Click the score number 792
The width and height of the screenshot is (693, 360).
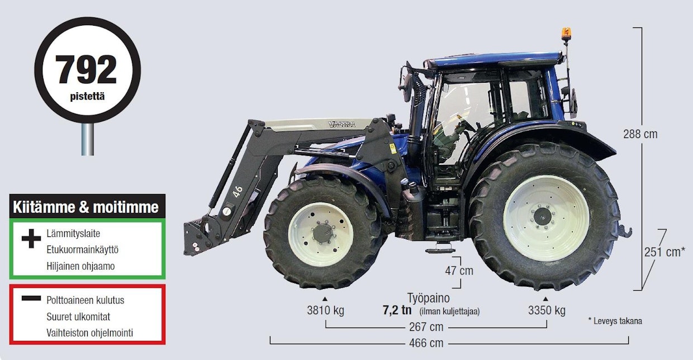tap(86, 70)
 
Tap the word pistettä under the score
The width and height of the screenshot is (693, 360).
tap(87, 97)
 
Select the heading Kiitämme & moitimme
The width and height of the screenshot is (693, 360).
tap(86, 207)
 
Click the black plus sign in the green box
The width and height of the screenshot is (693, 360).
tap(31, 239)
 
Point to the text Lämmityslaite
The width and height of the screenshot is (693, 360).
tap(73, 234)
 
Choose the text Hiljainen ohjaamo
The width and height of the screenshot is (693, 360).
tap(80, 266)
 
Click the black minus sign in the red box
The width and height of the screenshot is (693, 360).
tap(31, 299)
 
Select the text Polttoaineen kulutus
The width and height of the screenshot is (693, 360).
tap(85, 300)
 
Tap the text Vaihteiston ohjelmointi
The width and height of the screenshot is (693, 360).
tap(90, 333)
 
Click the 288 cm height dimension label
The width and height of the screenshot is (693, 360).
tap(640, 134)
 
